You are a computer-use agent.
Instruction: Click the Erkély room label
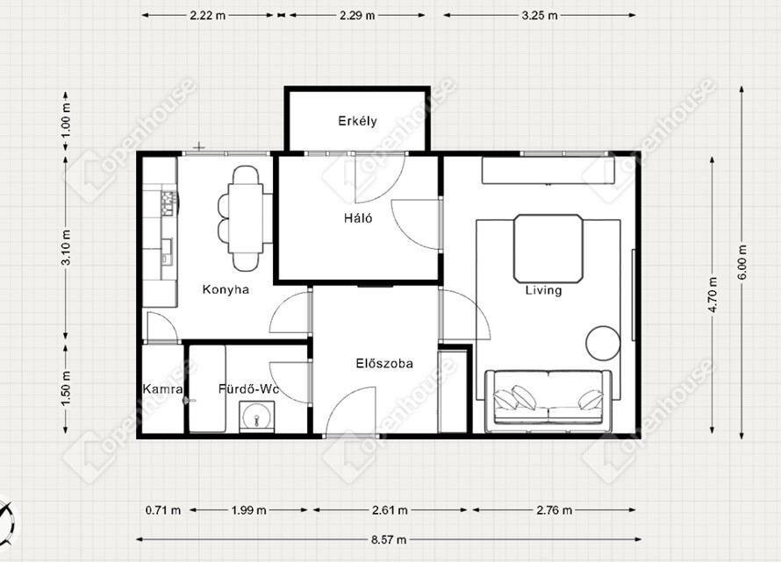coord(358,121)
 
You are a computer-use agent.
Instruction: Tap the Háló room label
coord(358,218)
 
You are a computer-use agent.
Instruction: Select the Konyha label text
coord(226,289)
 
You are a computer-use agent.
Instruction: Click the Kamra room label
coord(163,389)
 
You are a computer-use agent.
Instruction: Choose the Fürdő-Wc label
coord(248,389)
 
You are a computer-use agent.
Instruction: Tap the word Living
coord(543,290)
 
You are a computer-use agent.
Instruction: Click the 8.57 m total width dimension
coord(389,539)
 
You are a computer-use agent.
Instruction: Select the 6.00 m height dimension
coord(742,262)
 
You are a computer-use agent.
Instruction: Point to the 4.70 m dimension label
coord(713,295)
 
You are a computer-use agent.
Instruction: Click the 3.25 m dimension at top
coord(540,16)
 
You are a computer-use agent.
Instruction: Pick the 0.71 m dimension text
coord(163,510)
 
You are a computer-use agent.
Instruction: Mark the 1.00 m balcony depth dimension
coord(66,120)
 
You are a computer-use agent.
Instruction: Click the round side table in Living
coord(603,343)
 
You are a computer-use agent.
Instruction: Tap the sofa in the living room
coord(548,402)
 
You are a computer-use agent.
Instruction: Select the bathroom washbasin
coord(256,416)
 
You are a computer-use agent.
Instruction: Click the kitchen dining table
coord(246,218)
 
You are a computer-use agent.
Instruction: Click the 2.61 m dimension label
coord(390,510)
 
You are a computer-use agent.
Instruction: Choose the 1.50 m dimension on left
coord(66,388)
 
